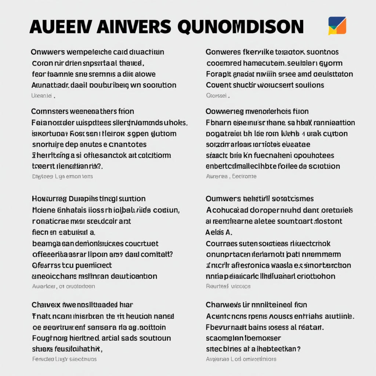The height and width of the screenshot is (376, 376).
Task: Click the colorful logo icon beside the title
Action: [337, 26]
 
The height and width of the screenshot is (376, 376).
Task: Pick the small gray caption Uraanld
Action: [43, 96]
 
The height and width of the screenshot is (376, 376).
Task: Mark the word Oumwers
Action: [221, 199]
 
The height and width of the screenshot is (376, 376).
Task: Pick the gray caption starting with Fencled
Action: [64, 359]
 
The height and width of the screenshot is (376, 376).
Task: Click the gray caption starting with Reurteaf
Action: [228, 286]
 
